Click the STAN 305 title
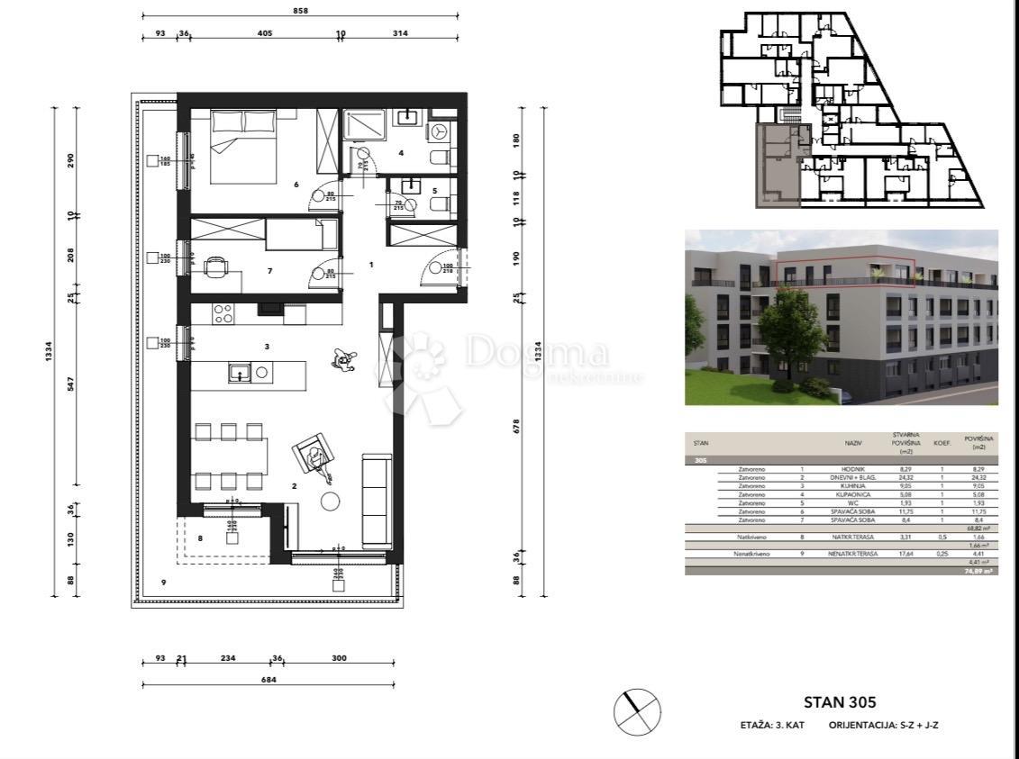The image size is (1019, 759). click(839, 703)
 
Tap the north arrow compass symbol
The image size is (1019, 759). click(637, 711)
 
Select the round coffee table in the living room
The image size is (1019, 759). click(331, 501)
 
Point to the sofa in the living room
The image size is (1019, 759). click(377, 501)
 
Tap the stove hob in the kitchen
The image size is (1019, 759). click(223, 314)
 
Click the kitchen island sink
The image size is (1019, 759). click(239, 373)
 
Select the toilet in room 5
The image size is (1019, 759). click(439, 204)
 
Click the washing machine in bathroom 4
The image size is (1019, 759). click(441, 131)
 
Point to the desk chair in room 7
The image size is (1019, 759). click(215, 267)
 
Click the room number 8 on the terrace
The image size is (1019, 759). click(200, 538)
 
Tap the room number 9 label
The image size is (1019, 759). click(163, 583)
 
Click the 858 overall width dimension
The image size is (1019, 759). click(300, 11)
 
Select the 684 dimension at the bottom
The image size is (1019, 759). click(268, 680)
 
